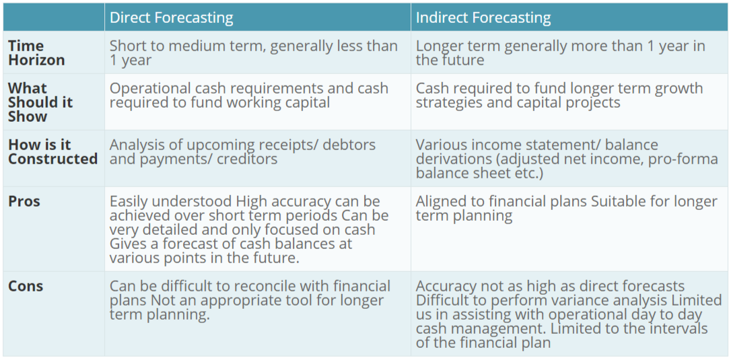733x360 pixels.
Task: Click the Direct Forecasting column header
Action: [171, 17]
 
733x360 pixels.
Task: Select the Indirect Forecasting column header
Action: [483, 17]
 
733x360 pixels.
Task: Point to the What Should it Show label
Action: [40, 102]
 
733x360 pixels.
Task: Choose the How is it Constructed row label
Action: [53, 152]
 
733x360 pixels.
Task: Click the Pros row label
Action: [24, 201]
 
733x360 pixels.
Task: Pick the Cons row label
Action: [26, 286]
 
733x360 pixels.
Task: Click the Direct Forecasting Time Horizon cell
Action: [253, 53]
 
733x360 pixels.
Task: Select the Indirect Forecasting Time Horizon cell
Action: [561, 53]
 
